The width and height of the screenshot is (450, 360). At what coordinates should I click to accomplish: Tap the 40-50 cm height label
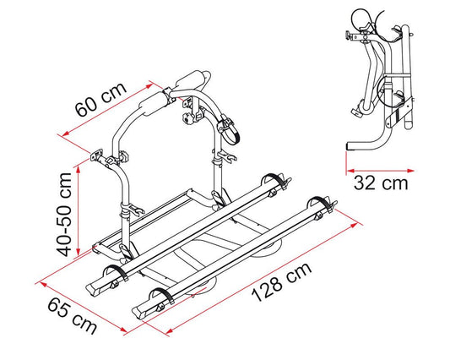(x=63, y=215)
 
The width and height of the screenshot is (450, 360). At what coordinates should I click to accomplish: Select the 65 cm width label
(x=72, y=316)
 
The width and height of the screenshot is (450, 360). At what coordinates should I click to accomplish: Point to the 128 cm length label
(x=281, y=282)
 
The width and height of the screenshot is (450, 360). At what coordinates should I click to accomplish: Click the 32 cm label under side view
(x=381, y=183)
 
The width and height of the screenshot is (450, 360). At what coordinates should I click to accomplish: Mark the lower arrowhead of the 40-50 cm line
(x=78, y=252)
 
